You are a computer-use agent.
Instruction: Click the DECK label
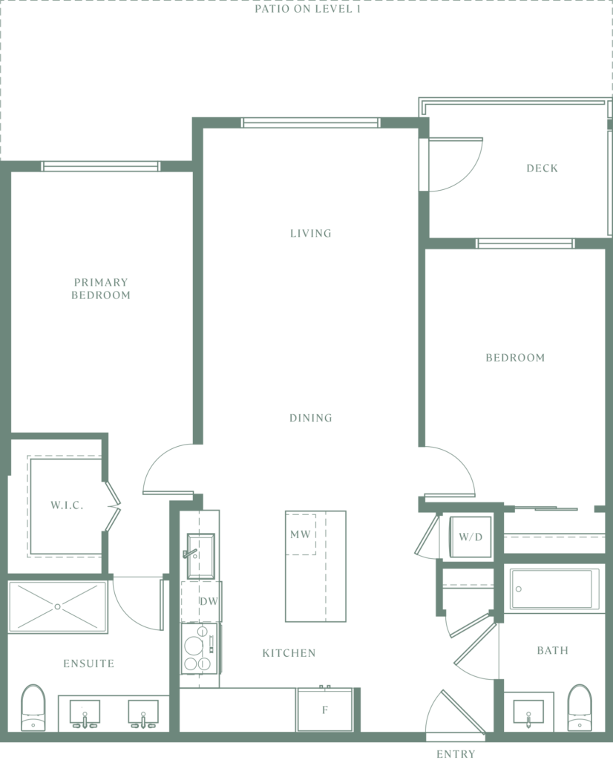pyautogui.click(x=542, y=168)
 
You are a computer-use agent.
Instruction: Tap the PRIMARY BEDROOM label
pyautogui.click(x=101, y=289)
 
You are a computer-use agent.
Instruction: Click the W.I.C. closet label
pyautogui.click(x=67, y=505)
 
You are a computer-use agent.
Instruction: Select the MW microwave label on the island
pyautogui.click(x=300, y=534)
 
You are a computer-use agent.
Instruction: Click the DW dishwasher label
pyautogui.click(x=209, y=601)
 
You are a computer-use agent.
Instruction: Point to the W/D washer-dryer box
pyautogui.click(x=471, y=537)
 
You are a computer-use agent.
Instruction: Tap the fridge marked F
pyautogui.click(x=325, y=710)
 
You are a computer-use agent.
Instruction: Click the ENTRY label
pyautogui.click(x=456, y=754)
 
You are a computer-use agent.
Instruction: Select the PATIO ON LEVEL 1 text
pyautogui.click(x=308, y=9)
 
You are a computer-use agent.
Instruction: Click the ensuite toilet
pyautogui.click(x=33, y=707)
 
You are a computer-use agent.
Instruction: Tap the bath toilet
pyautogui.click(x=580, y=707)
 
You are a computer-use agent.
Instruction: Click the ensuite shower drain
pyautogui.click(x=58, y=606)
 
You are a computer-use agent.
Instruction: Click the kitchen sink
pyautogui.click(x=200, y=556)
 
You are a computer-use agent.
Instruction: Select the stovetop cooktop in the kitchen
pyautogui.click(x=199, y=649)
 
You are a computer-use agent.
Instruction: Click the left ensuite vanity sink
pyautogui.click(x=85, y=713)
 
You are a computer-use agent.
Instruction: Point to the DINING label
pyautogui.click(x=311, y=418)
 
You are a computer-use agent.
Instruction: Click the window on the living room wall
pyautogui.click(x=310, y=122)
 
